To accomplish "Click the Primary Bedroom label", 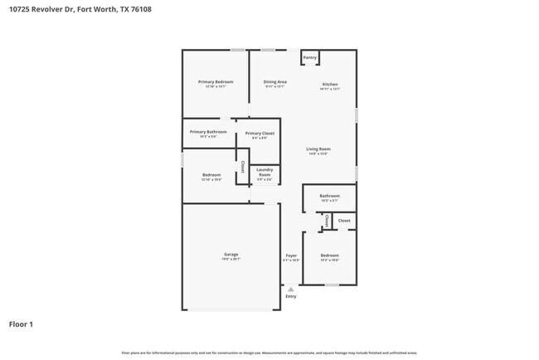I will click(x=215, y=82).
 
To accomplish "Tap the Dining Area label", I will click(x=275, y=82).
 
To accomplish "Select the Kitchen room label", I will click(x=330, y=85).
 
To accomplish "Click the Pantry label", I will click(x=310, y=57).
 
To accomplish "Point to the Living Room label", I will click(x=318, y=149).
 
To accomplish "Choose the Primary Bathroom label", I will click(x=207, y=132).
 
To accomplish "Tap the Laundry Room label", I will click(x=265, y=173).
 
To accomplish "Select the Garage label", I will click(x=231, y=254).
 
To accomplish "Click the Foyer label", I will click(x=291, y=255).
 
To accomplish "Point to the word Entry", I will click(x=291, y=296).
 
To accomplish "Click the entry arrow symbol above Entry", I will click(x=291, y=289).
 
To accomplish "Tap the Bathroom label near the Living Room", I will click(x=329, y=196).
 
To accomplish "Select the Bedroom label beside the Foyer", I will click(x=329, y=255).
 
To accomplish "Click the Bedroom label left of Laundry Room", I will click(x=211, y=174).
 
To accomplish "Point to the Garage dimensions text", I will click(x=231, y=260).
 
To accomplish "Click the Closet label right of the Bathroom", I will click(x=343, y=221).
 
